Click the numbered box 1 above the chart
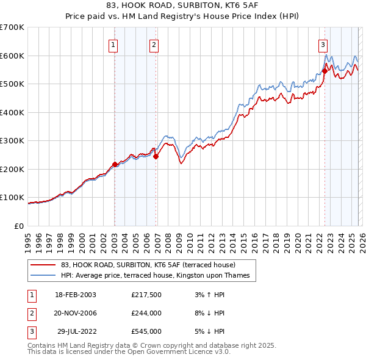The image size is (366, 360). pyautogui.click(x=114, y=44)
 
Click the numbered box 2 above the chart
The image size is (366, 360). pyautogui.click(x=154, y=44)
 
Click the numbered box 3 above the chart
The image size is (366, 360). pyautogui.click(x=322, y=44)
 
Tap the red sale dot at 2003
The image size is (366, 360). pyautogui.click(x=115, y=164)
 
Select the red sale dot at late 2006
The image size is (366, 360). pyautogui.click(x=156, y=157)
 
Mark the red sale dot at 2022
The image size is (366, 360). pyautogui.click(x=325, y=71)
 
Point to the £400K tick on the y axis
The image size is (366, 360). pyautogui.click(x=12, y=112)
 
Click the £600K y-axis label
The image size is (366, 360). pyautogui.click(x=12, y=56)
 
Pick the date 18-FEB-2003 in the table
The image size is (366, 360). pyautogui.click(x=76, y=295)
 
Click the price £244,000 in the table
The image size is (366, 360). pyautogui.click(x=146, y=313)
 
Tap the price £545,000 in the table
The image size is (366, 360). pyautogui.click(x=146, y=331)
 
